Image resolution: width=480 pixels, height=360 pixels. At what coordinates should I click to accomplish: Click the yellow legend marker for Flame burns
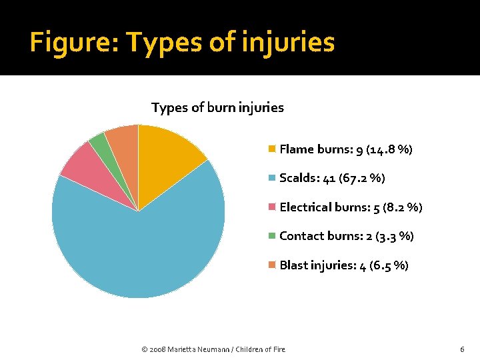[x=271, y=149]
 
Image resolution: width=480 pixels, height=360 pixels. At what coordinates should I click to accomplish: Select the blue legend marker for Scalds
[x=271, y=178]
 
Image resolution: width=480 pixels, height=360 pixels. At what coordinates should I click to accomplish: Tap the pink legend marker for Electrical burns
[x=271, y=207]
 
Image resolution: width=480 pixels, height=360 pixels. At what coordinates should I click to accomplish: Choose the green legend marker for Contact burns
[x=271, y=236]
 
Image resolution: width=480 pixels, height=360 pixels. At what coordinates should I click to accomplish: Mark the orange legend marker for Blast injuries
[x=271, y=265]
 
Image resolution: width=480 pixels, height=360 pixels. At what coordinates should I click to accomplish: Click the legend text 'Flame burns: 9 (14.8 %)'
[x=346, y=149]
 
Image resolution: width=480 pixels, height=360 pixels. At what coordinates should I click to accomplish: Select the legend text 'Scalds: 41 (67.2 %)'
[x=332, y=178]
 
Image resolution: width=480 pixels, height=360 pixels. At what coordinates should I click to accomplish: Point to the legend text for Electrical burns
[x=351, y=207]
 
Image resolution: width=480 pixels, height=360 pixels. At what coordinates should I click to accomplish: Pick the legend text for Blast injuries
[x=344, y=265]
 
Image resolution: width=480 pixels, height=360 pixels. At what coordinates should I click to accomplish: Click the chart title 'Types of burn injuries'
[x=217, y=107]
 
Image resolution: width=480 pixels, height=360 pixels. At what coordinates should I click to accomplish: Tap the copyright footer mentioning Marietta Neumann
[x=214, y=349]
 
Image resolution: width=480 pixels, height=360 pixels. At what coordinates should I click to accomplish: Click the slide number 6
[x=462, y=349]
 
